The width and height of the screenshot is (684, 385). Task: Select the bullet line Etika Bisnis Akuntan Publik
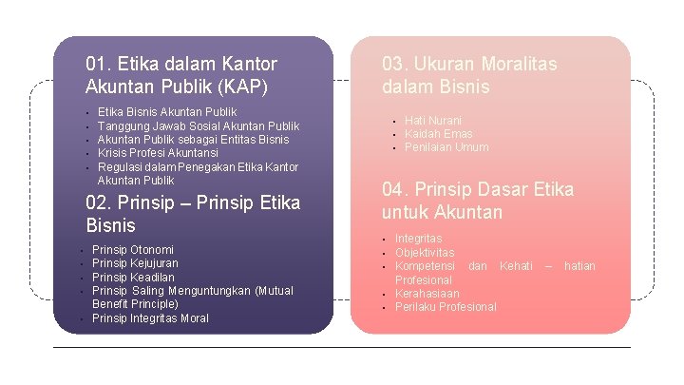coord(167,112)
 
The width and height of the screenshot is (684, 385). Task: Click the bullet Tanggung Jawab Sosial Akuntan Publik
coord(198,126)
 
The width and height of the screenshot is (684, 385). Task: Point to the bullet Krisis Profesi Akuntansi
coord(158,153)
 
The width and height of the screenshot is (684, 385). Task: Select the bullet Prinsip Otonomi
coord(133,250)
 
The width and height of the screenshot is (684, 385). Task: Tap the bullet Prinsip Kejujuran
coord(135,263)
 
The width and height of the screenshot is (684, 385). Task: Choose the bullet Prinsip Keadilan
coord(133,278)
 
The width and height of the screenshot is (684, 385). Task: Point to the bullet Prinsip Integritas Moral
coord(150,318)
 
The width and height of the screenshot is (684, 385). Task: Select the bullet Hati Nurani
coord(433,121)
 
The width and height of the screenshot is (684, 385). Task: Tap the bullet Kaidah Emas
coord(438,134)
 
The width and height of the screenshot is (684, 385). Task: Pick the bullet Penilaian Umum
coord(446,147)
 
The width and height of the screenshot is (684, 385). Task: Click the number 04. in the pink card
coord(396,189)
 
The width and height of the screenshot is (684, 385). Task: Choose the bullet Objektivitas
coord(425,253)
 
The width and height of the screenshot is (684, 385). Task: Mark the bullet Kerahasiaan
coord(427,294)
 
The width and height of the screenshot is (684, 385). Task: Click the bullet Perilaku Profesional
coord(446,307)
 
